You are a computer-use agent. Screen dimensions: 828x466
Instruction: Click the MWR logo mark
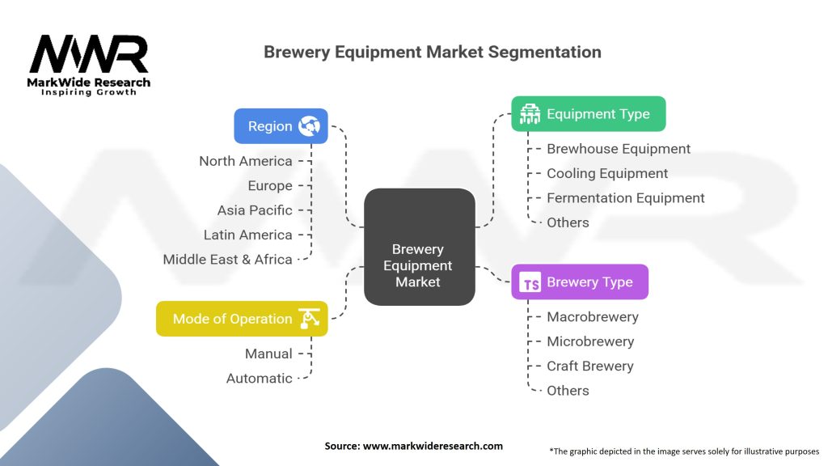[89, 54]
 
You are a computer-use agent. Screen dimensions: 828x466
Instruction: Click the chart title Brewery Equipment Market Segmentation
[433, 52]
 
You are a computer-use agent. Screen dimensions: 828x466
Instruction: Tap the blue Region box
[281, 126]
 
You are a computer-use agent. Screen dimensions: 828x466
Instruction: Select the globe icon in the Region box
[309, 126]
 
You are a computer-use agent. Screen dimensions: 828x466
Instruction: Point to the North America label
[246, 161]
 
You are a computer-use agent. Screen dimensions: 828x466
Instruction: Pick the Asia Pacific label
[255, 210]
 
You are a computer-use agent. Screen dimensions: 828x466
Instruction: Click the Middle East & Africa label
[227, 260]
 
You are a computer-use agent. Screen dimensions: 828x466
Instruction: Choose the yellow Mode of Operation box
[242, 319]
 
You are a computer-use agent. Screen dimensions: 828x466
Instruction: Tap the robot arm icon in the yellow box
[309, 319]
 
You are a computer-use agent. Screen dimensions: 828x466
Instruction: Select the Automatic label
[260, 379]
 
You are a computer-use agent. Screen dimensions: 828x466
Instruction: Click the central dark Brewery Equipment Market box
[420, 247]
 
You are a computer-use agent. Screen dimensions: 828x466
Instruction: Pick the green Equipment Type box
[589, 113]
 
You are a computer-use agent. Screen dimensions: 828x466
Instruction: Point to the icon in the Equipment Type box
[530, 114]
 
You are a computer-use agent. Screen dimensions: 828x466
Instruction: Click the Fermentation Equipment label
[626, 198]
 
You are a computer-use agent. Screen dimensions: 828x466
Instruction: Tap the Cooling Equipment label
[607, 173]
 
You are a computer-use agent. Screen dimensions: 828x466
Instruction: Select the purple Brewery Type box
[580, 282]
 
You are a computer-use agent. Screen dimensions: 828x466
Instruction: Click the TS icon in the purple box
[530, 282]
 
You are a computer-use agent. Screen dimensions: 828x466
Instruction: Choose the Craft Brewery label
[589, 366]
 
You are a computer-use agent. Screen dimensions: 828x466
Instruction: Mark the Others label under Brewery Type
[568, 391]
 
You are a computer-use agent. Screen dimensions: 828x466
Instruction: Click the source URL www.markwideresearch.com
[433, 446]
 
